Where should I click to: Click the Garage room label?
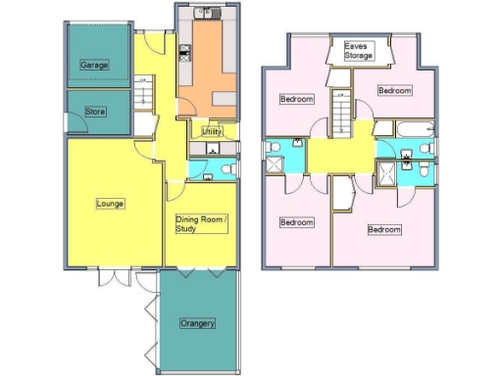click(94, 65)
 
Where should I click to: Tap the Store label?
click(95, 112)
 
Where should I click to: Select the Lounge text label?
click(109, 204)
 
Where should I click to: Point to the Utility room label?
click(213, 131)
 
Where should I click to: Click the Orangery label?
click(197, 323)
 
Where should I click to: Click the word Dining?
click(188, 219)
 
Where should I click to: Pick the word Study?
click(186, 229)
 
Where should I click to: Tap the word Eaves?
click(358, 47)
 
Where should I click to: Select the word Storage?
click(358, 57)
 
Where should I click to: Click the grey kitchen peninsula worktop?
click(225, 99)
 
